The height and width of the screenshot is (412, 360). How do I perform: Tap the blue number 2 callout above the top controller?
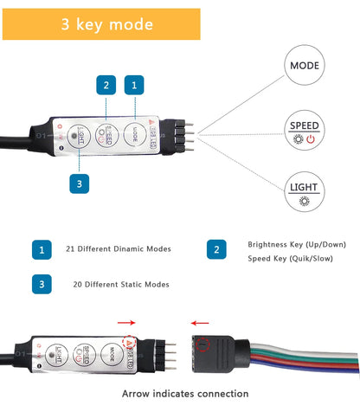[x=106, y=85]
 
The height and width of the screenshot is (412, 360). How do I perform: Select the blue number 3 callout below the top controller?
[x=79, y=183]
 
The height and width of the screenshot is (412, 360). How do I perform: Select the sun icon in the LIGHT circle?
[x=304, y=200]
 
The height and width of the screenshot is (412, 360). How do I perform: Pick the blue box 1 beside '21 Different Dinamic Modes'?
[x=41, y=249]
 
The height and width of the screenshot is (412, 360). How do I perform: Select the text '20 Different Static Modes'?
[x=121, y=284]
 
